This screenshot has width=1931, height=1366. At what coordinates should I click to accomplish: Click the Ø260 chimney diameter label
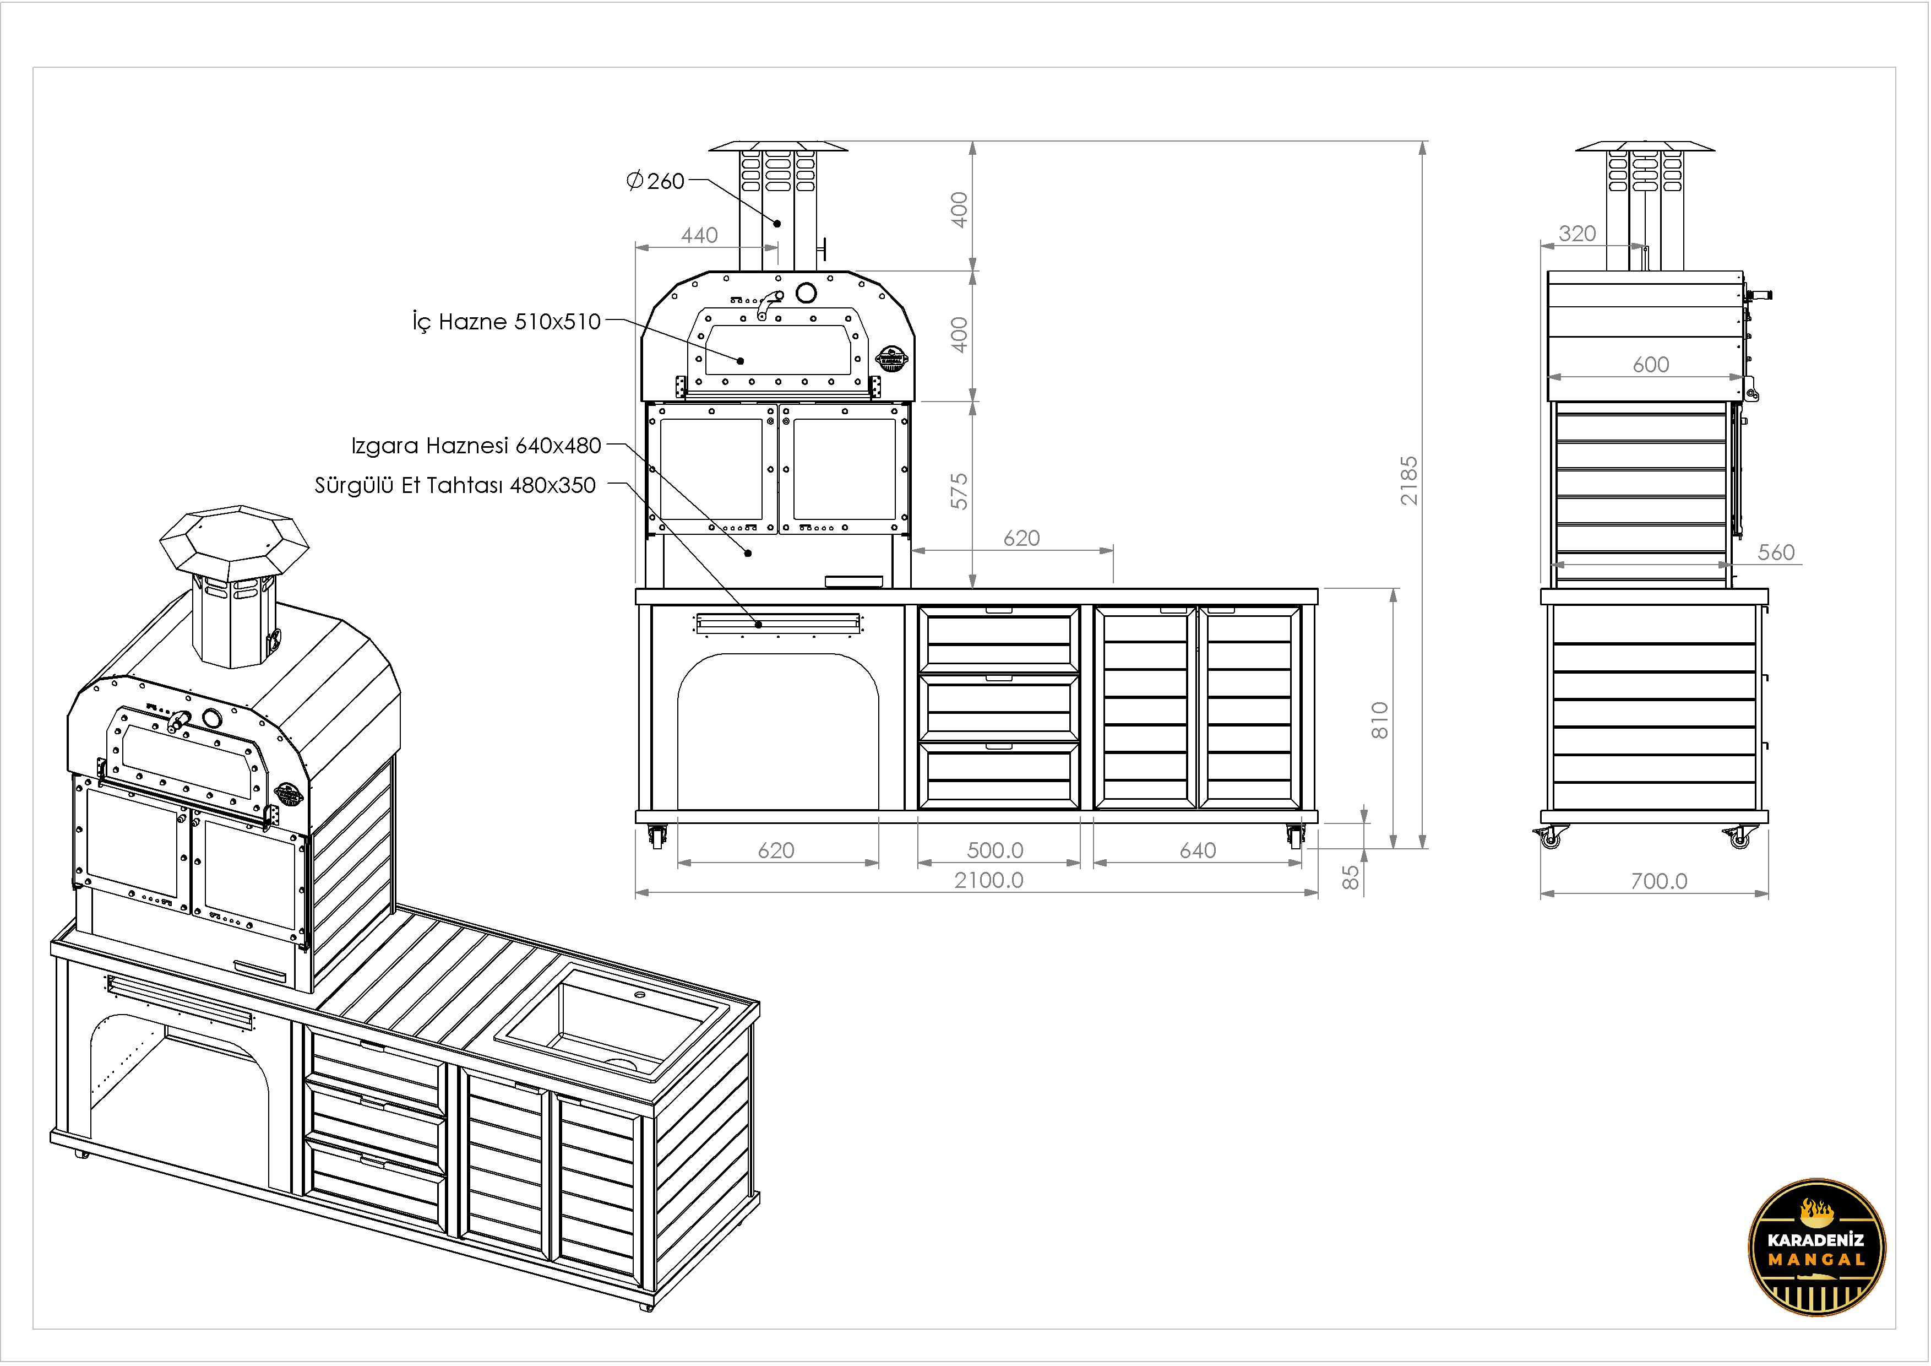pyautogui.click(x=656, y=181)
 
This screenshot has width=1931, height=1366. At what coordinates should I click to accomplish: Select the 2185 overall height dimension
pyautogui.click(x=1408, y=480)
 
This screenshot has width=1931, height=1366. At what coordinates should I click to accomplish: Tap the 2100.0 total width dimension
pyautogui.click(x=989, y=880)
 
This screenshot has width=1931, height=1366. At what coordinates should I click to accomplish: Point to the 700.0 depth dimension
pyautogui.click(x=1658, y=881)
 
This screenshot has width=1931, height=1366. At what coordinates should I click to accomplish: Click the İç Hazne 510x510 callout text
pyautogui.click(x=507, y=321)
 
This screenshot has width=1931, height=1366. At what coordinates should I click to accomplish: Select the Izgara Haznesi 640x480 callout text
pyautogui.click(x=476, y=445)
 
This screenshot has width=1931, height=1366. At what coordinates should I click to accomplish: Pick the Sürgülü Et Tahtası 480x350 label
pyautogui.click(x=455, y=485)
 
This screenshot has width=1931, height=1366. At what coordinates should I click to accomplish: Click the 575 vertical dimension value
pyautogui.click(x=959, y=491)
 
